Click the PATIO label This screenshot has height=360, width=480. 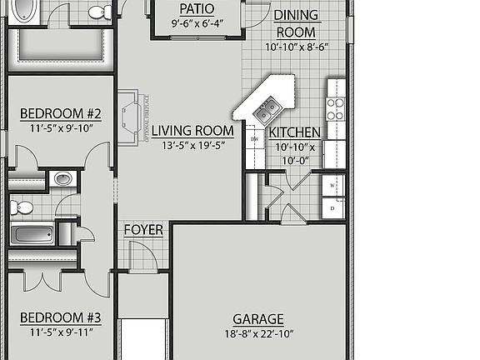point(197,9)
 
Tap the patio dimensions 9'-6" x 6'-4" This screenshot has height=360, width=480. point(197,23)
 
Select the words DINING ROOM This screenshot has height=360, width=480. point(295,24)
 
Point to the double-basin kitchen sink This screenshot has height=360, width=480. point(267,107)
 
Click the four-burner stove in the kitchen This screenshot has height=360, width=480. point(335,109)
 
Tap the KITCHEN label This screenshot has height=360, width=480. point(294,132)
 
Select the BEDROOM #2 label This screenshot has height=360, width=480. point(60,113)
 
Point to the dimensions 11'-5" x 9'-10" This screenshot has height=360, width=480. point(60,127)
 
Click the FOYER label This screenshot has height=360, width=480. point(143,229)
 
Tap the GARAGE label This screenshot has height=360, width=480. point(257,319)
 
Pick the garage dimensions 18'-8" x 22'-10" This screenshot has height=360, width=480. point(257,334)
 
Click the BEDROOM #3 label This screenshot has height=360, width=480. point(60,317)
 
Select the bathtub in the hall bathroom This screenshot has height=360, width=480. point(32,233)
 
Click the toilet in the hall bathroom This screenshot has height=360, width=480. point(21,206)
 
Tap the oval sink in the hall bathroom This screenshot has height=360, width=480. point(63,178)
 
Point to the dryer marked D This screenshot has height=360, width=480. point(333,207)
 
